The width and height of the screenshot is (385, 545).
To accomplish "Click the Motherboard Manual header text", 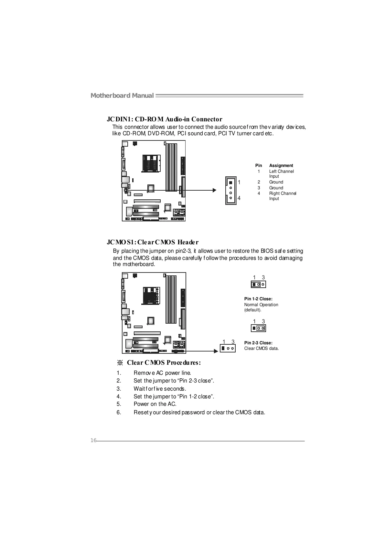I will [122, 95].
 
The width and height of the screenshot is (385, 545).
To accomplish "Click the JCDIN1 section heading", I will [165, 119].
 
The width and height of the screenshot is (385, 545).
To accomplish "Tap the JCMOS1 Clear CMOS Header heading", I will [153, 242].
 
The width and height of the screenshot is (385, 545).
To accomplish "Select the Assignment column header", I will [281, 165].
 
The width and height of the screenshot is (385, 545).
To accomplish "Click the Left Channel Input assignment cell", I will [281, 174].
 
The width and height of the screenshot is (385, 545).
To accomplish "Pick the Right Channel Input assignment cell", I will [283, 196].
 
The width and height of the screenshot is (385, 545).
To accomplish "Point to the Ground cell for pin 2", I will [276, 182].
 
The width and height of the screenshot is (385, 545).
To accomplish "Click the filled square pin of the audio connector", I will [230, 183].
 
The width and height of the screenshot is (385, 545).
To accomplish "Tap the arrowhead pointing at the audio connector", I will [214, 190].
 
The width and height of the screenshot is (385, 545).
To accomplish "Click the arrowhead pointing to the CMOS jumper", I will [216, 351].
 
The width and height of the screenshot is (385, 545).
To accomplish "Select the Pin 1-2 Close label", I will [258, 299].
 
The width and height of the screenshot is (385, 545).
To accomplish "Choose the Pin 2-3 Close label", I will [258, 343].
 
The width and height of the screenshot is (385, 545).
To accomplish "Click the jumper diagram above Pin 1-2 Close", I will [258, 284].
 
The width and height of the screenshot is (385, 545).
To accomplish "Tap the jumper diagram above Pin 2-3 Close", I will [258, 328].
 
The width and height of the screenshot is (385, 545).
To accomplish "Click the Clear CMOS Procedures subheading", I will [164, 362].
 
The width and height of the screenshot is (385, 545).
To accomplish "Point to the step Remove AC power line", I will [162, 373].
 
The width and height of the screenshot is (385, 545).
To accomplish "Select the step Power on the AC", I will [155, 404].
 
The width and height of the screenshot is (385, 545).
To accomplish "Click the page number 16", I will [93, 440].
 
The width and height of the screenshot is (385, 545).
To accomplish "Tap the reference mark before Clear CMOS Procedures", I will [120, 362].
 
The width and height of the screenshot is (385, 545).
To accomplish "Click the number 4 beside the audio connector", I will [239, 198].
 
